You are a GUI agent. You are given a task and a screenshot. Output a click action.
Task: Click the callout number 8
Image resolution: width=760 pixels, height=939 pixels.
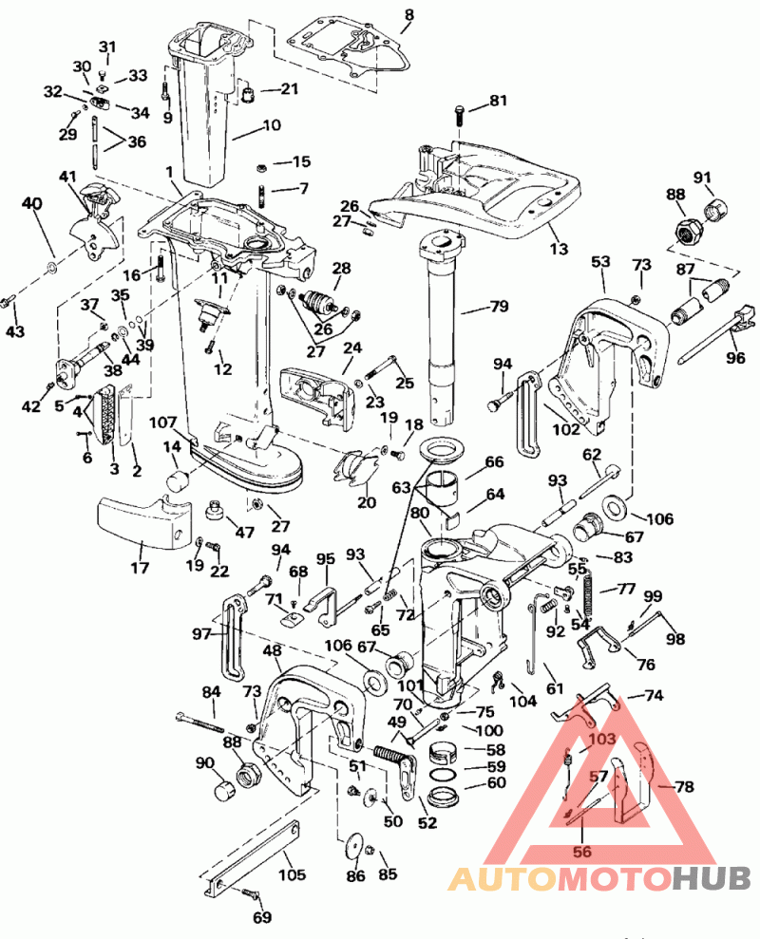coord(409,14)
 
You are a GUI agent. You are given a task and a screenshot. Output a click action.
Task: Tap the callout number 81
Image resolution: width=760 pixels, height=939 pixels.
coord(500,101)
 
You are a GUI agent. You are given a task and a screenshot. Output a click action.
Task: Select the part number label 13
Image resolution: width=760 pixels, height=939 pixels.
coord(559,249)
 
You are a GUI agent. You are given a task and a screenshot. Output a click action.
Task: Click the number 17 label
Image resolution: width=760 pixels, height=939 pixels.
coord(141,568)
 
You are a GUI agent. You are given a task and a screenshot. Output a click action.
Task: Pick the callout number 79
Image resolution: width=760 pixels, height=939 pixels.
coord(499,306)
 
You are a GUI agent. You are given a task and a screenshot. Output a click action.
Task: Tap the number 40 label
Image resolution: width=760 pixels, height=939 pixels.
coord(32,203)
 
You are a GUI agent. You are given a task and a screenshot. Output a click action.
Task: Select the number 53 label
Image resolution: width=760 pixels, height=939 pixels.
coord(600,260)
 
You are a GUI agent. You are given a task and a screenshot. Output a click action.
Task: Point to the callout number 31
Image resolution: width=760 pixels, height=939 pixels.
coord(106,47)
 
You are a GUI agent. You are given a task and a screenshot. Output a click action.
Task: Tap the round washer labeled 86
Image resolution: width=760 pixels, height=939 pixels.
coord(354,846)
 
